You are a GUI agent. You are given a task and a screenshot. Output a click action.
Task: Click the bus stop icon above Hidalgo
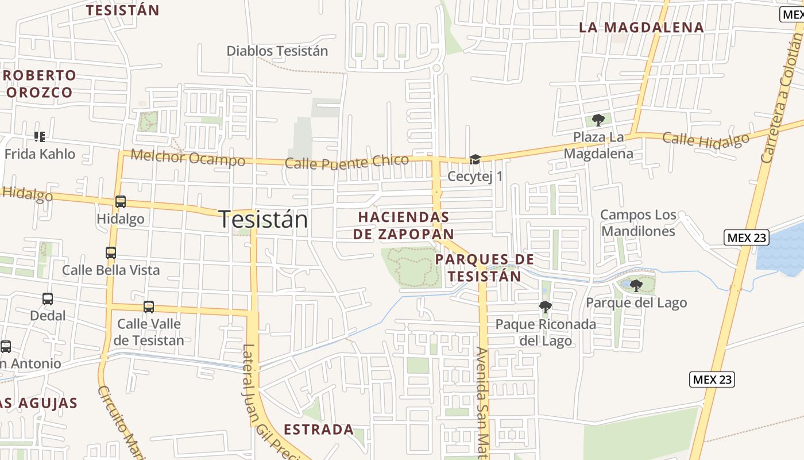[121, 202]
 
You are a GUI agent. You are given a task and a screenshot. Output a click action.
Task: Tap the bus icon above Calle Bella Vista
[111, 252]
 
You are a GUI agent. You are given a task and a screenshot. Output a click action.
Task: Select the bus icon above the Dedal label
[48, 299]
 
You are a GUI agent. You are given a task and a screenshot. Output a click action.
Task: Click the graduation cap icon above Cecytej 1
[475, 159]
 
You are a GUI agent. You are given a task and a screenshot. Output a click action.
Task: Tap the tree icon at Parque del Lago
[636, 285]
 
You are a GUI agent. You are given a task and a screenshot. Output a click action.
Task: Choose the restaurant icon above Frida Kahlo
[39, 136]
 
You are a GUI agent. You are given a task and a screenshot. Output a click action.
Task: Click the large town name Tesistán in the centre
[263, 220]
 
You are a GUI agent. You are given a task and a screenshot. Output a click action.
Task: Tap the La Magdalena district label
[641, 27]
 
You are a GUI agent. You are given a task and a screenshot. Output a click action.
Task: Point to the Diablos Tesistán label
[277, 51]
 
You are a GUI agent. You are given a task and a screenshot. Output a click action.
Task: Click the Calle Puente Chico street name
[347, 162]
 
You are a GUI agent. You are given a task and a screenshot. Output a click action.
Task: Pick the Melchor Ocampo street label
[188, 157]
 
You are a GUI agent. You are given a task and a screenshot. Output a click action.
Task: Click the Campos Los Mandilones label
[638, 223]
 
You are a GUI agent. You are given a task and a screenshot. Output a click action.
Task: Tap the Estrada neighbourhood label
[319, 430]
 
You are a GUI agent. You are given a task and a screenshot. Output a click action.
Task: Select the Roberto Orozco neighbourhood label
[40, 83]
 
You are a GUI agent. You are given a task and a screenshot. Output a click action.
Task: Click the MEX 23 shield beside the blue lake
[747, 237]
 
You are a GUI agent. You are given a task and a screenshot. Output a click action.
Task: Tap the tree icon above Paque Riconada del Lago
[545, 307]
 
